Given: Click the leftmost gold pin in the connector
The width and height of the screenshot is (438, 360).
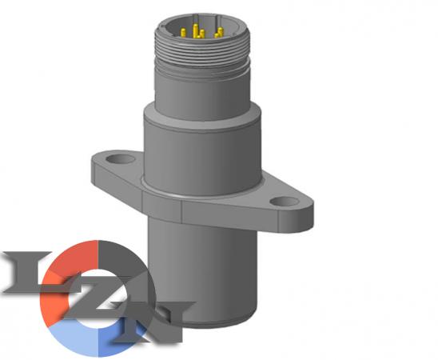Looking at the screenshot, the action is pos(184,33).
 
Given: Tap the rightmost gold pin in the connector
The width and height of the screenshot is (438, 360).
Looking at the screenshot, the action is pos(221,31).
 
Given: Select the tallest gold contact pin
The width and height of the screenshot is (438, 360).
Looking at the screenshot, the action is pos(196,30).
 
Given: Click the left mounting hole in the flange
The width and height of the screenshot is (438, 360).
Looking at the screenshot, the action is pos(121,159).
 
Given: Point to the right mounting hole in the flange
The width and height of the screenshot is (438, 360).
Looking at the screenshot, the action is pos(285,202).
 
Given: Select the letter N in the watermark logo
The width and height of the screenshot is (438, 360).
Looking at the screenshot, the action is pos(151,322).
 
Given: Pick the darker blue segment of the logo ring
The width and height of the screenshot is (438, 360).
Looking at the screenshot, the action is pos(117,339).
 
